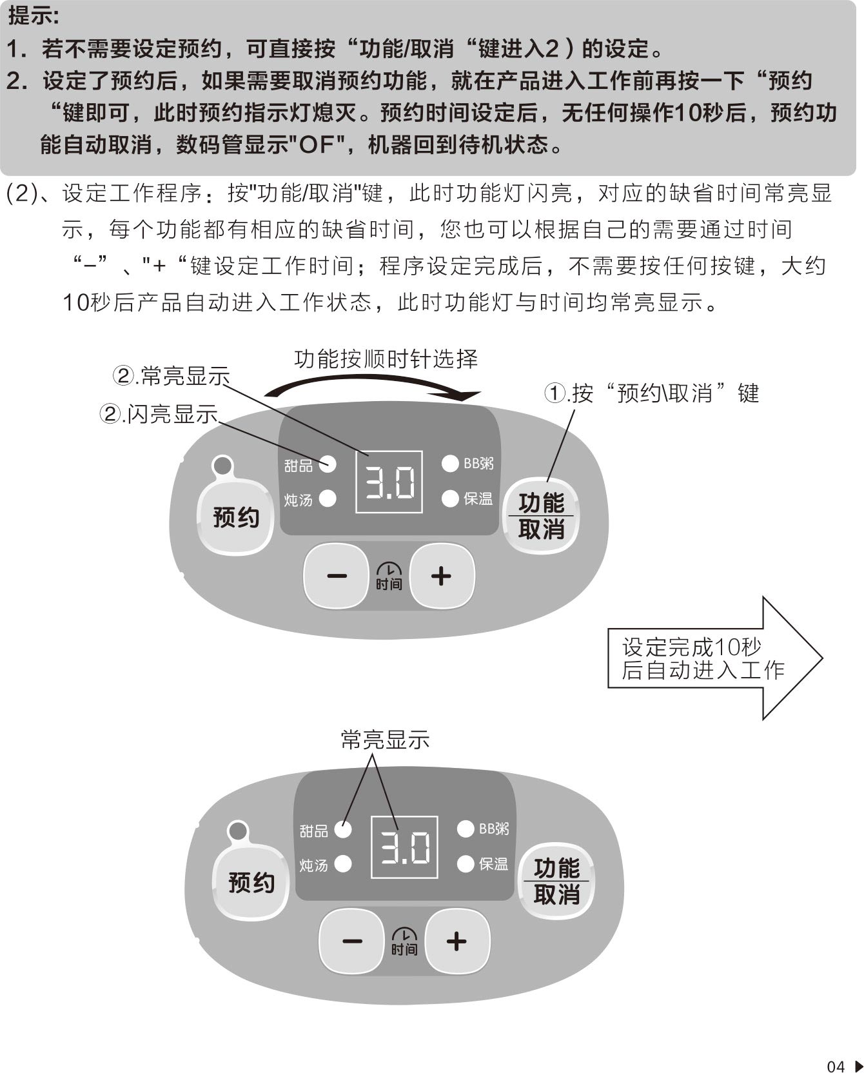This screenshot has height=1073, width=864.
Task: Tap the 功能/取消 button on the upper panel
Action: tap(541, 516)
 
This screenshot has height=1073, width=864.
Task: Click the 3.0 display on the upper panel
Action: tap(389, 482)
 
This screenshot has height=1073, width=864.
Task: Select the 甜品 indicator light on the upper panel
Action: tap(328, 464)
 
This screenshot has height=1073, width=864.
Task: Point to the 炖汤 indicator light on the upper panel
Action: tap(328, 498)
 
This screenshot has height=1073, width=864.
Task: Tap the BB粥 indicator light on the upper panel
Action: tap(450, 463)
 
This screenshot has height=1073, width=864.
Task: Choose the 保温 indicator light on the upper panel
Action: tap(450, 498)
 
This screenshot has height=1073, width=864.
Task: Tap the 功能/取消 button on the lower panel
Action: tap(556, 881)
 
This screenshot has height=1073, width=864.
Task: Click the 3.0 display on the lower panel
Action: tap(404, 847)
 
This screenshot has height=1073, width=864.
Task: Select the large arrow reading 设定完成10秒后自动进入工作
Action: tap(714, 658)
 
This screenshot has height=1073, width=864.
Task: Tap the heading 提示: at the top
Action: tap(34, 16)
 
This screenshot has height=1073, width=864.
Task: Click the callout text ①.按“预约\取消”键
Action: tap(653, 393)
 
